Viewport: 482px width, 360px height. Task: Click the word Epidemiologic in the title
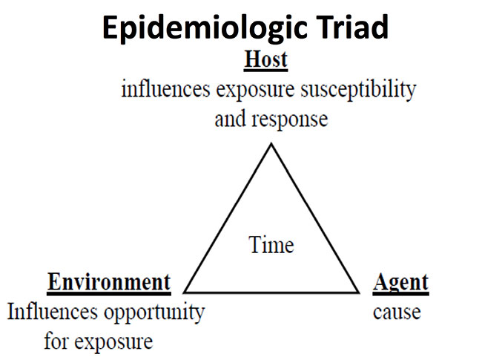click(x=205, y=28)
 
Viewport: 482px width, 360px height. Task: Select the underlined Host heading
click(x=266, y=59)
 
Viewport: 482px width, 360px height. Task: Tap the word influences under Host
click(x=165, y=89)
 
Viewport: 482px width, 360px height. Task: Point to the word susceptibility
click(x=358, y=91)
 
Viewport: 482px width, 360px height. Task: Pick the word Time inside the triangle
click(x=271, y=245)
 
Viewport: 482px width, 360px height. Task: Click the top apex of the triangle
click(x=271, y=144)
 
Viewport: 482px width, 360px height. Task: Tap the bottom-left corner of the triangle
click(x=185, y=292)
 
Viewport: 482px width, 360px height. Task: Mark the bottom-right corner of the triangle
click(x=358, y=292)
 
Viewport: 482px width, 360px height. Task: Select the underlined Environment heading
click(x=109, y=283)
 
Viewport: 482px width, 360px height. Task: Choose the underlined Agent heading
click(x=400, y=284)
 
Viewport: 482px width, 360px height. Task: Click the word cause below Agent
click(x=397, y=312)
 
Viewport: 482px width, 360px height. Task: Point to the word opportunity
click(x=154, y=313)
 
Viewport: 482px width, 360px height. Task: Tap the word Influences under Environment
click(x=52, y=312)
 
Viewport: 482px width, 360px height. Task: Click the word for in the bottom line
click(x=56, y=341)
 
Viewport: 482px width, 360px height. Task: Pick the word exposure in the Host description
click(x=255, y=91)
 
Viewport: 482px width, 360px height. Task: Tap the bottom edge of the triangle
click(x=271, y=292)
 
